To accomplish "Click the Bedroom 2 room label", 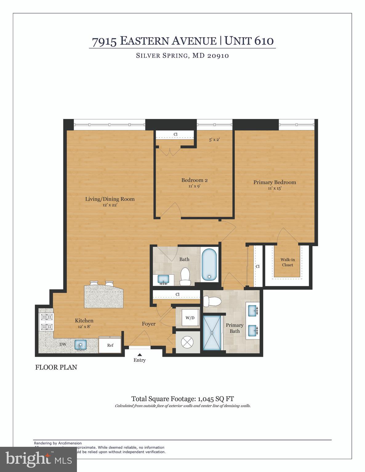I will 192,180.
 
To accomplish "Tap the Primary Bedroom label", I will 275,182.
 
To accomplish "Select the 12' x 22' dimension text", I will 110,205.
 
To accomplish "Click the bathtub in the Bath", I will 209,264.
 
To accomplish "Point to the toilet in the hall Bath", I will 185,276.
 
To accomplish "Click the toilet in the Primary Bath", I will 212,301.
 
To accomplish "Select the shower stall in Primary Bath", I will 212,332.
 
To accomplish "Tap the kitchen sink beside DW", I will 80,344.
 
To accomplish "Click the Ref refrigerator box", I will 110,345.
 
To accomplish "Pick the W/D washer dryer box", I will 190,318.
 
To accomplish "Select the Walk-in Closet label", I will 287,262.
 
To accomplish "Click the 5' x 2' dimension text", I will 214,140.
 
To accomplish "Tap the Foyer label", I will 149,324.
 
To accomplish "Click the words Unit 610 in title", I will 249,41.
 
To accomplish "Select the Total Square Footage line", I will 182,399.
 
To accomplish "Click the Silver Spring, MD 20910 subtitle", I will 182,56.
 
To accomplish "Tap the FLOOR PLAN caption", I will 56,367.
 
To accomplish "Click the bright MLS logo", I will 38,459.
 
